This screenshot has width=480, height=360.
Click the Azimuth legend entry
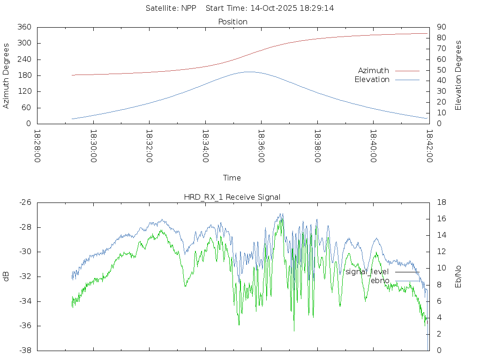pos(374,71)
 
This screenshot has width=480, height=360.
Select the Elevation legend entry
pos(372,80)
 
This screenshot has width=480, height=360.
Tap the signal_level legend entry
pos(367,272)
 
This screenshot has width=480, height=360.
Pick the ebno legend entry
pos(380,281)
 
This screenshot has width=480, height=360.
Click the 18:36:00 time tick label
pos(261,146)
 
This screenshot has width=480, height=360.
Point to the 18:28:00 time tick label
pos(37,146)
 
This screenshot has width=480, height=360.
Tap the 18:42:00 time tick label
pos(429,146)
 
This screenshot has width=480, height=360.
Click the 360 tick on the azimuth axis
pos(25,27)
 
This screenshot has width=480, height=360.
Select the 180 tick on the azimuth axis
pos(25,76)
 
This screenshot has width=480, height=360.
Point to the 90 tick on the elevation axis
pos(441,27)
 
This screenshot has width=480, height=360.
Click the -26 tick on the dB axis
pos(25,202)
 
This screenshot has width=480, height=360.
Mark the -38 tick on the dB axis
pos(25,351)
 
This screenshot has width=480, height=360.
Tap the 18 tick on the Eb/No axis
pos(441,202)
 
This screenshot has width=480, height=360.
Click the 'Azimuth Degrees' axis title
pos(7,75)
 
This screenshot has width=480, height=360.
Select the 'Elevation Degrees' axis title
pos(458,75)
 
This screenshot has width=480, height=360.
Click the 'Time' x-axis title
pos(232,178)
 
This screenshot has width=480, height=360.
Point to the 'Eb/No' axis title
pos(458,277)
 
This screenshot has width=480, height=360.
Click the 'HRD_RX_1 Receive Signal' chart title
pos(232,197)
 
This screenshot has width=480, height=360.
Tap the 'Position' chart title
pos(233,22)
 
